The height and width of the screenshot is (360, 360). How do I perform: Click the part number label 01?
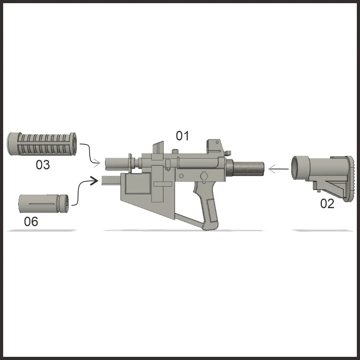click(x=182, y=136)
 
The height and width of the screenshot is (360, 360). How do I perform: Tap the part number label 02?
click(x=327, y=204)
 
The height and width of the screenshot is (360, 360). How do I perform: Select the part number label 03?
click(x=43, y=165)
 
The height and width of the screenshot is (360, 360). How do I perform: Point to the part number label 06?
click(x=31, y=222)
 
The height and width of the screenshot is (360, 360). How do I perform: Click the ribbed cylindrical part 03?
click(x=42, y=144)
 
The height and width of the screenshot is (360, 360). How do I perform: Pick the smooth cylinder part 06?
click(x=43, y=204)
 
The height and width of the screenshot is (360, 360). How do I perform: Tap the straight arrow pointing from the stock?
click(x=278, y=169)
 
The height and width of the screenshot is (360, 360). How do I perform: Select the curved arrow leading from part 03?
click(x=90, y=153)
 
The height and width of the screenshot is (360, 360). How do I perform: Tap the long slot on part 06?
click(x=42, y=204)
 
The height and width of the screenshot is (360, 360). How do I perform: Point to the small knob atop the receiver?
click(x=175, y=151)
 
